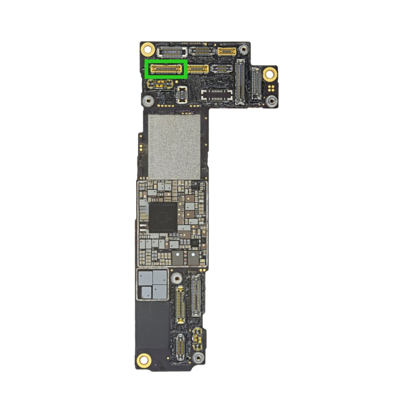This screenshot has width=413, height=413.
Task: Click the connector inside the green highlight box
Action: coord(166,69)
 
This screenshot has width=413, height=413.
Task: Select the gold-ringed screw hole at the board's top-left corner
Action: coord(147,50)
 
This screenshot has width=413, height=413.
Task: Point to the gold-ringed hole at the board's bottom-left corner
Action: coord(144,359)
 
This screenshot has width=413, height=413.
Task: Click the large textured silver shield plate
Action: coord(174,147)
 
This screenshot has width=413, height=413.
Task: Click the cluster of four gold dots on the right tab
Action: coord(270,89)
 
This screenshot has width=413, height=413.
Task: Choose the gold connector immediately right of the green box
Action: coord(198,69)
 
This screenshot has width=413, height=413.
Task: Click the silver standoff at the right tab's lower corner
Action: coord(270,102)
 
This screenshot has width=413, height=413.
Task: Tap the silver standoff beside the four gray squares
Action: coord(177,279)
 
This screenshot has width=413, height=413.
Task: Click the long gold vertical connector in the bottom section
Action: coord(180,304)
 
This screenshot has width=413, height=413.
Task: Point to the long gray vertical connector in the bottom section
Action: coord(196,295)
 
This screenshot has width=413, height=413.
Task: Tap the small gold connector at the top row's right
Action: coord(226,51)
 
